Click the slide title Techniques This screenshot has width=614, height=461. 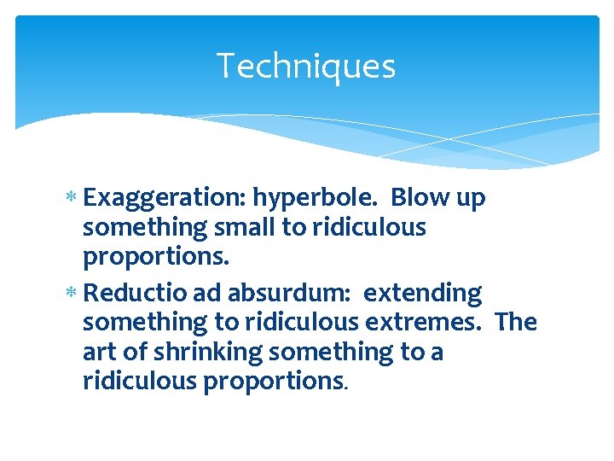[x=305, y=66]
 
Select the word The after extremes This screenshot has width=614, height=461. [x=515, y=323]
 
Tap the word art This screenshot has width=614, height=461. [x=99, y=352]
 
